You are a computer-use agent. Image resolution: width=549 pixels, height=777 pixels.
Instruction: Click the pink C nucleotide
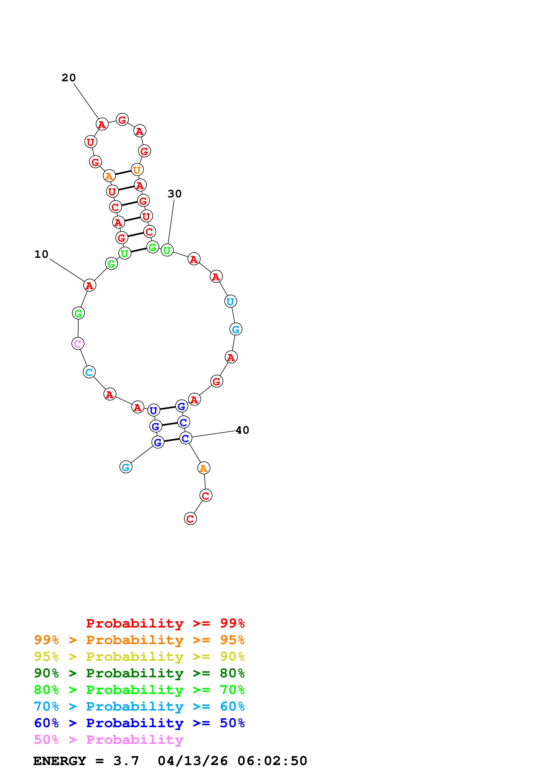pyautogui.click(x=78, y=344)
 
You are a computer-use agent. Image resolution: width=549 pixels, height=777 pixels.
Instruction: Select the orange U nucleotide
pyautogui.click(x=137, y=169)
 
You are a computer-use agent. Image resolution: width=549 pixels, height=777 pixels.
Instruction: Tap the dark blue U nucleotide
pyautogui.click(x=153, y=410)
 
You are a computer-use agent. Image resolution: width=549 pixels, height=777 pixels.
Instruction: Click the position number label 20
pyautogui.click(x=69, y=78)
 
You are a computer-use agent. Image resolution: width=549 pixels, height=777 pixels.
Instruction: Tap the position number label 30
pyautogui.click(x=175, y=194)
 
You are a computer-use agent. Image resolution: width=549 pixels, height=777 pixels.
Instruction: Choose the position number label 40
pyautogui.click(x=242, y=430)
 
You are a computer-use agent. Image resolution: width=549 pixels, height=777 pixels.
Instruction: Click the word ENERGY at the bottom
pyautogui.click(x=60, y=761)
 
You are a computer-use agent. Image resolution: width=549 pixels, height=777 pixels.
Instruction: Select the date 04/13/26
pyautogui.click(x=192, y=761)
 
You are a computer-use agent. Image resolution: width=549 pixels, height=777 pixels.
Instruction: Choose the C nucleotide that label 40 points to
pyautogui.click(x=185, y=438)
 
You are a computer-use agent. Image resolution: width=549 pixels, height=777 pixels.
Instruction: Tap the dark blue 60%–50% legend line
pyautogui.click(x=139, y=723)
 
